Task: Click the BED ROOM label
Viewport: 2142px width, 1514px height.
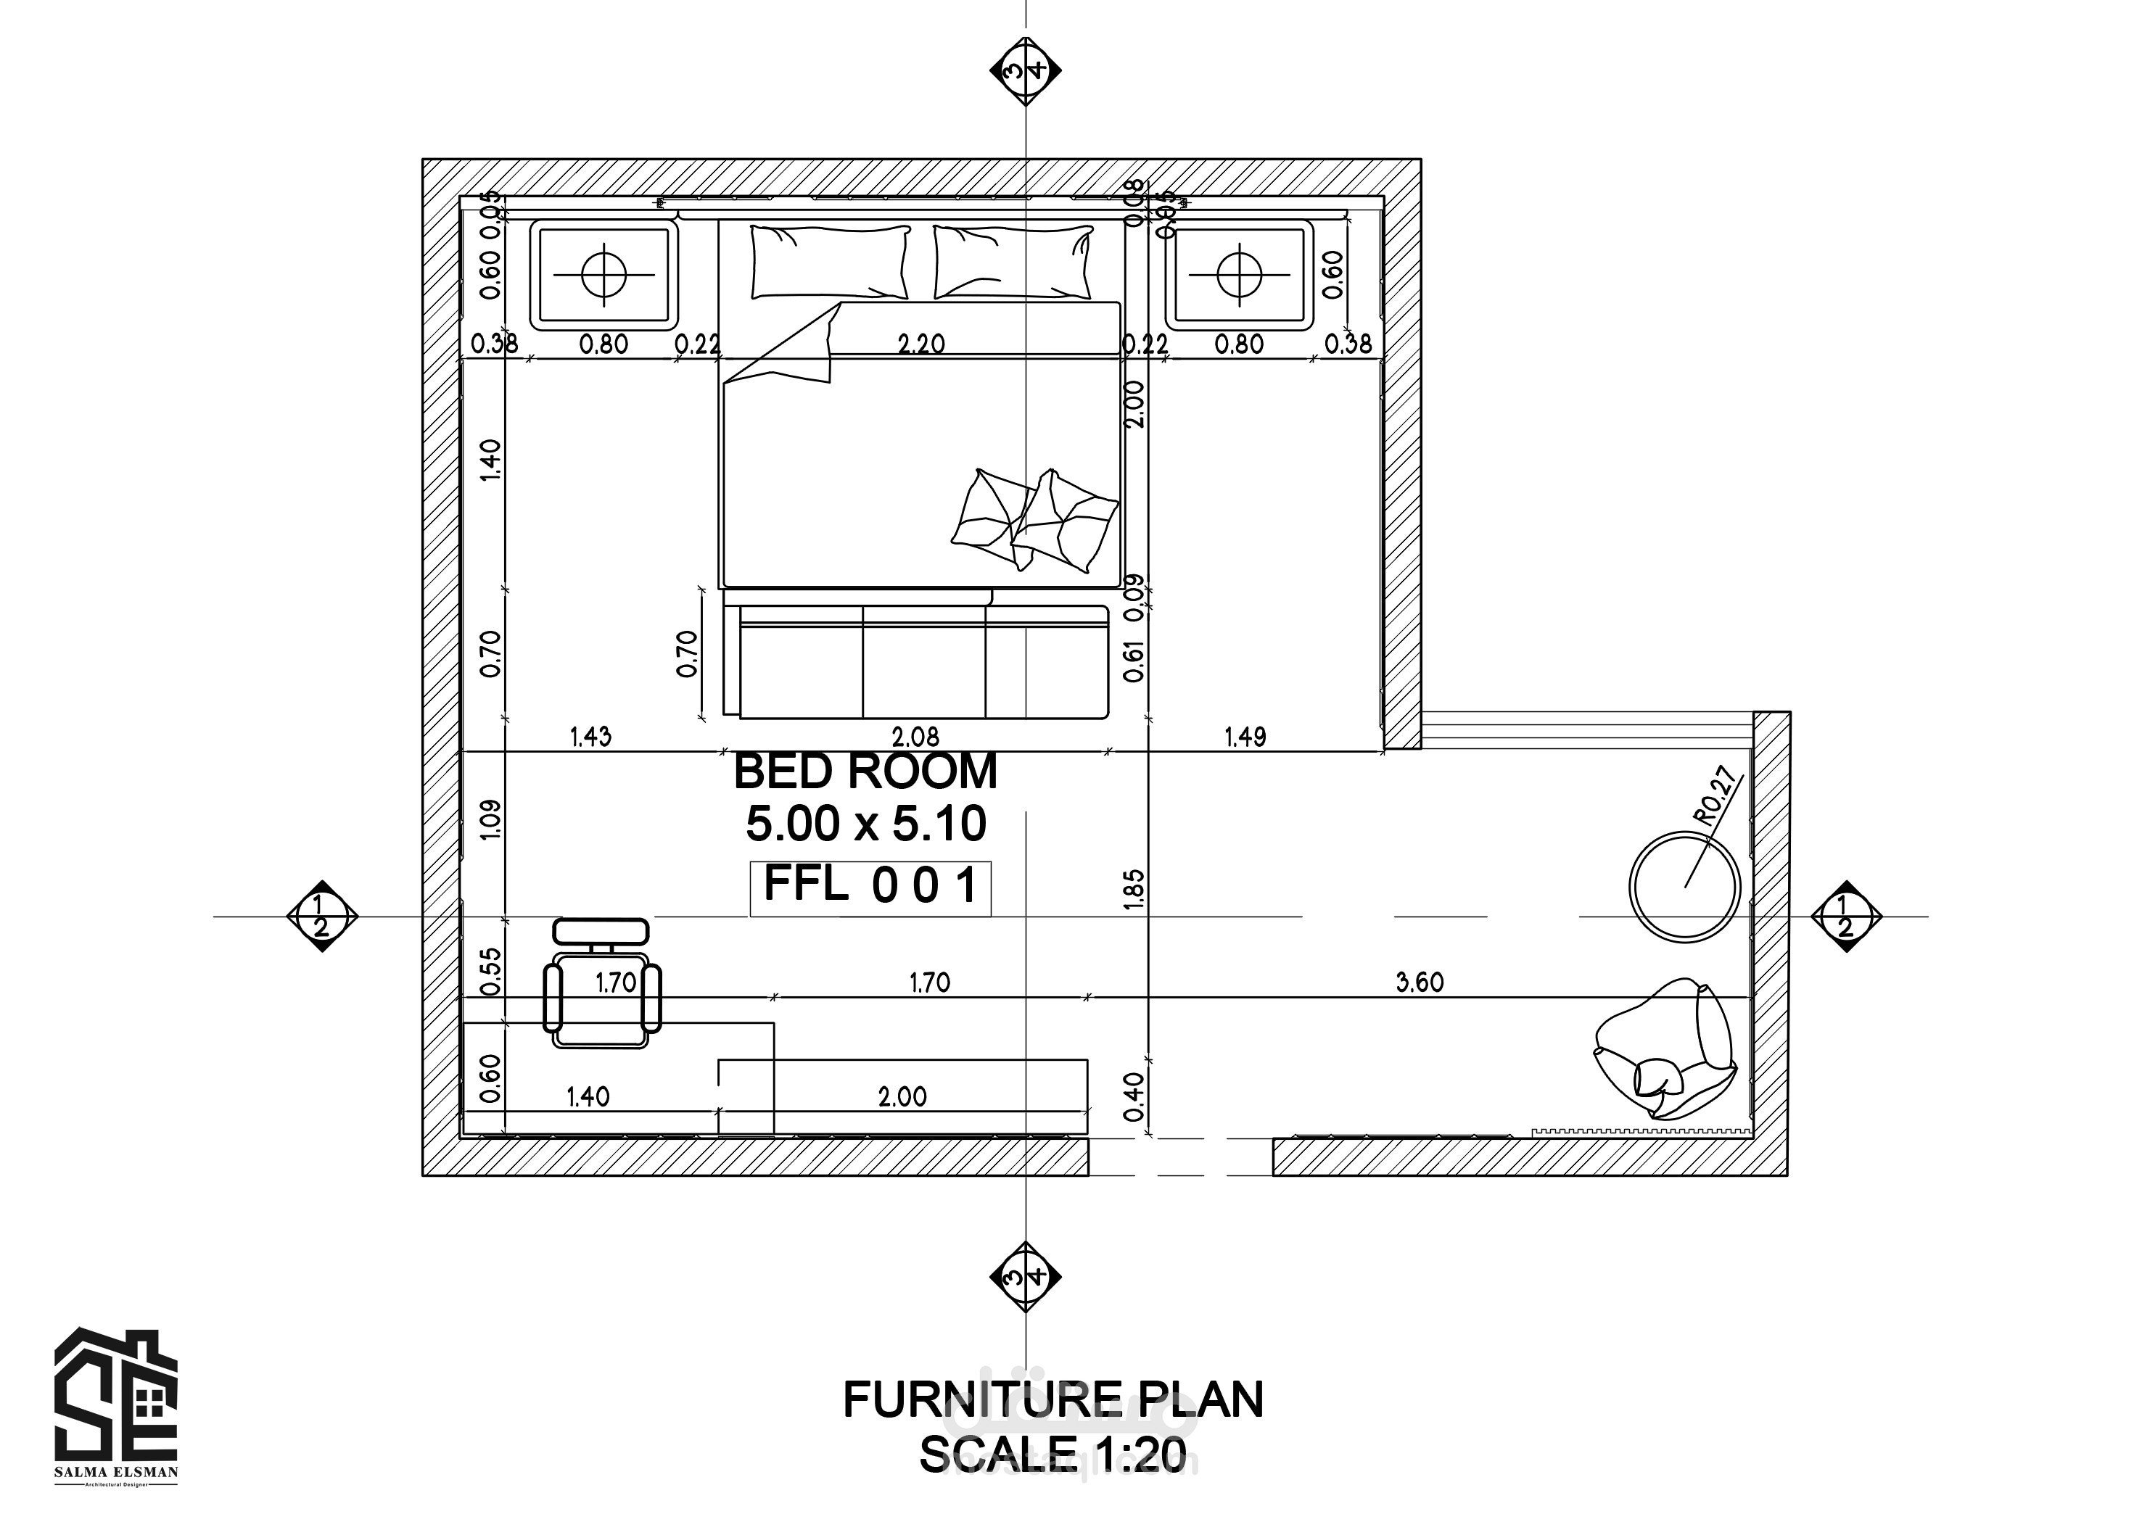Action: pyautogui.click(x=866, y=772)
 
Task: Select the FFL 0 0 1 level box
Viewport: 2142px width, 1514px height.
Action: pyautogui.click(x=870, y=886)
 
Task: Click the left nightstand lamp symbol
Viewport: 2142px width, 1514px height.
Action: pyautogui.click(x=604, y=274)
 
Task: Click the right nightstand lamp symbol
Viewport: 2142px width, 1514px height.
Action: pyautogui.click(x=1239, y=274)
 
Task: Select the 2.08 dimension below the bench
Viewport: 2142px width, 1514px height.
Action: pyautogui.click(x=915, y=737)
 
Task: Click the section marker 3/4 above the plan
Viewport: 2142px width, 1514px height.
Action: pyautogui.click(x=1025, y=70)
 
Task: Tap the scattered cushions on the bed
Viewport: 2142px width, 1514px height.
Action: pyautogui.click(x=1036, y=520)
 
